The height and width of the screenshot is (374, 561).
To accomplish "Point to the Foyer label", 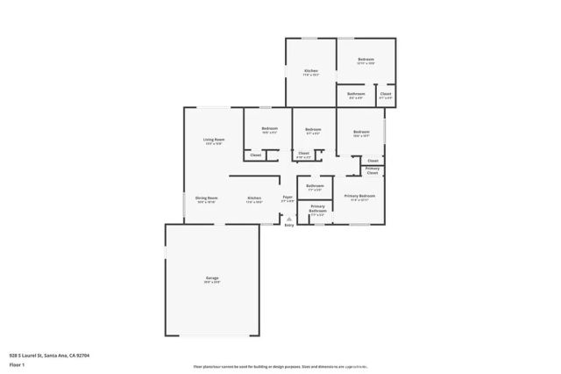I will pyautogui.click(x=288, y=198).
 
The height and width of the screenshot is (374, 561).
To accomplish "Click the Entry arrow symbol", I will pyautogui.click(x=288, y=219).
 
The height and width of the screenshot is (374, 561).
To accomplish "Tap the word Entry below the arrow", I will pyautogui.click(x=288, y=226).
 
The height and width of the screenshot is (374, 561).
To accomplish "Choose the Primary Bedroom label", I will pyautogui.click(x=359, y=196).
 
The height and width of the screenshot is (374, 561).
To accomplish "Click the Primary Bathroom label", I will pyautogui.click(x=317, y=208).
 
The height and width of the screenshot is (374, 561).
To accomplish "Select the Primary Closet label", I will pyautogui.click(x=373, y=169).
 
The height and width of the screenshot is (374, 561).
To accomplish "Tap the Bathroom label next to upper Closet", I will pyautogui.click(x=356, y=94).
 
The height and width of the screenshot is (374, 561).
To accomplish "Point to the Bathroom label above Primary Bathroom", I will pyautogui.click(x=315, y=186).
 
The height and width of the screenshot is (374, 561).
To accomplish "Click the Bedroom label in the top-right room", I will pyautogui.click(x=366, y=60).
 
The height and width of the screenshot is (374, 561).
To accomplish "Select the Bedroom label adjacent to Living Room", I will pyautogui.click(x=269, y=130).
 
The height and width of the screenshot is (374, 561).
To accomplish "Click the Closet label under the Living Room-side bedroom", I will pyautogui.click(x=255, y=155).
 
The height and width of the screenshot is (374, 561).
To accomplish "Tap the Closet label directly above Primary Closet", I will pyautogui.click(x=373, y=161).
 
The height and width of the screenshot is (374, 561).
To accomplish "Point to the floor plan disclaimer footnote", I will pyautogui.click(x=280, y=366).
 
